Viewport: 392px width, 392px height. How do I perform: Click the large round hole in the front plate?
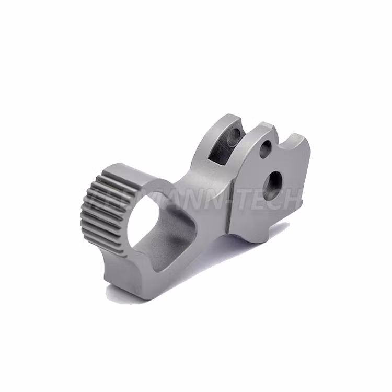coord(273,185)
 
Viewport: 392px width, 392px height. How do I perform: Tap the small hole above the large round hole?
coord(266,149)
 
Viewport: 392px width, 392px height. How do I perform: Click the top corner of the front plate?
coord(266,125)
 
